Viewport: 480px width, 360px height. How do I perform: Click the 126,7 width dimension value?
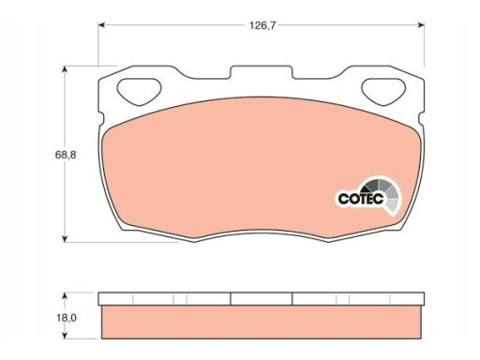[x=262, y=25]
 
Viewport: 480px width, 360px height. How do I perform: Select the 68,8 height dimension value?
[x=66, y=155]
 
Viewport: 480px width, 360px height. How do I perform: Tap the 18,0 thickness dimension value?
[x=67, y=318]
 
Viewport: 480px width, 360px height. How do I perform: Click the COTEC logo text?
[x=361, y=199]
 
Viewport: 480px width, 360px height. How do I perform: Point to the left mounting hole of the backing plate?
[x=139, y=91]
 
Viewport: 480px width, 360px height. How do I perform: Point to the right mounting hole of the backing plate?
[x=383, y=91]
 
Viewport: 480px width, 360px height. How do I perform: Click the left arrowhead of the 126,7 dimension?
[x=101, y=25]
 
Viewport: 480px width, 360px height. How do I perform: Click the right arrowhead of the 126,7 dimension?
[x=421, y=25]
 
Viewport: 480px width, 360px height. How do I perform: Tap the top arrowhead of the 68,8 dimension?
[x=65, y=69]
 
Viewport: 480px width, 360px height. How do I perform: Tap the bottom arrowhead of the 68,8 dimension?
[x=65, y=238]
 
